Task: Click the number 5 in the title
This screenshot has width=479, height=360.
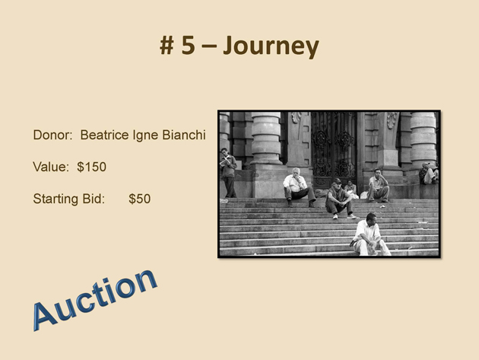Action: coord(189,45)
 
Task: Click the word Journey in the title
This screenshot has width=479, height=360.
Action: coord(271,46)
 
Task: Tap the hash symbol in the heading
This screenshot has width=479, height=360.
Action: coord(167,46)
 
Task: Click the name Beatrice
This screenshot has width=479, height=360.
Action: coord(104,135)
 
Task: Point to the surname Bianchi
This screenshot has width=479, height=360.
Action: coord(184,135)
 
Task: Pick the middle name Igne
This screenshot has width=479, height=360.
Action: coord(145,136)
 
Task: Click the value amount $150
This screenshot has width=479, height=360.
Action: coord(92,167)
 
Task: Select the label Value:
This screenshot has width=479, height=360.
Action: coord(51,167)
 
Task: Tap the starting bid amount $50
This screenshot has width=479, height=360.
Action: coord(140,199)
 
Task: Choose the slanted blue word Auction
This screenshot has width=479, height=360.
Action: coord(95,300)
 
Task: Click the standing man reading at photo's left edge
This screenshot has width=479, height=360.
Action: coord(229,173)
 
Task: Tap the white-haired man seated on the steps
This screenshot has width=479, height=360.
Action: coord(298,186)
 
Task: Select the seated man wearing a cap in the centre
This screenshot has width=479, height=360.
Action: coord(339,199)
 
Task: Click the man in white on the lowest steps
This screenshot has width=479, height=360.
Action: coord(370,235)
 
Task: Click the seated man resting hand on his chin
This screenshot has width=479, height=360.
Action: coord(378,186)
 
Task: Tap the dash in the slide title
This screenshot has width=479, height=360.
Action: coord(209,46)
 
